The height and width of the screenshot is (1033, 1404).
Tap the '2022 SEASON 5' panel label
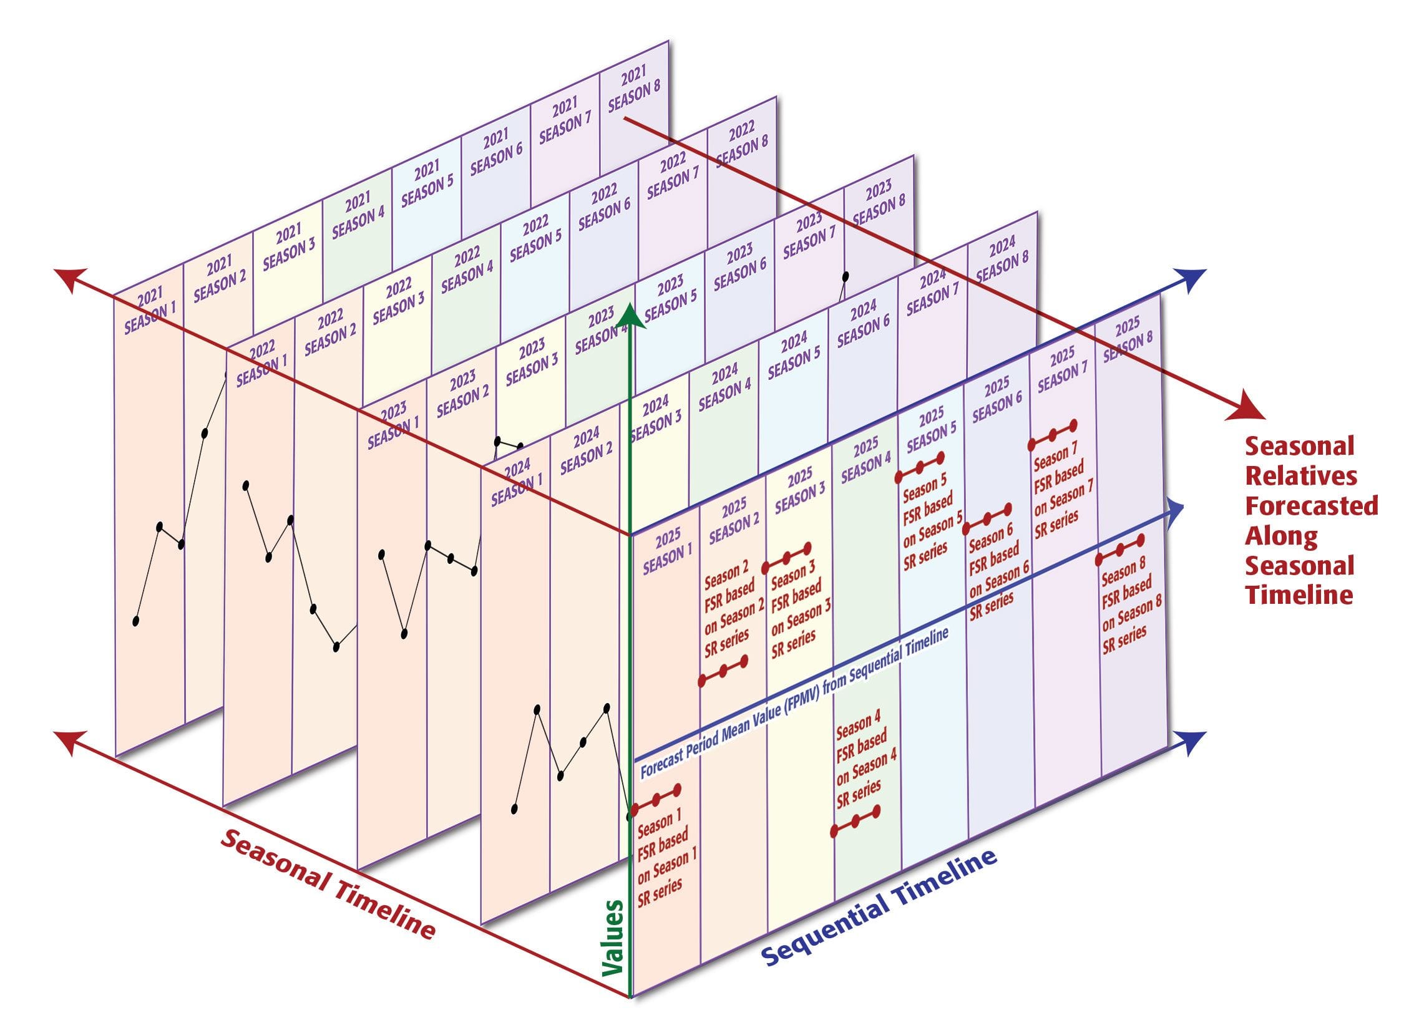(x=535, y=238)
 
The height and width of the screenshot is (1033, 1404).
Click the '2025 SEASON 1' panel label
(x=667, y=551)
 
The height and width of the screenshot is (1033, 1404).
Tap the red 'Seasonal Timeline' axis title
(x=327, y=883)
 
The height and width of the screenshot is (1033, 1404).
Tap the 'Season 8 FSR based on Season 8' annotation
(x=1131, y=604)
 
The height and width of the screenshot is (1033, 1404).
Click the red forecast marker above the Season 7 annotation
(x=1053, y=435)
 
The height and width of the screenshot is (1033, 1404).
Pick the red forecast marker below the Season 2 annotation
(x=724, y=671)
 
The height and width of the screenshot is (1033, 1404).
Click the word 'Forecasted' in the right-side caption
(x=1312, y=505)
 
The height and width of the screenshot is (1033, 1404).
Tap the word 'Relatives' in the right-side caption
(x=1301, y=476)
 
